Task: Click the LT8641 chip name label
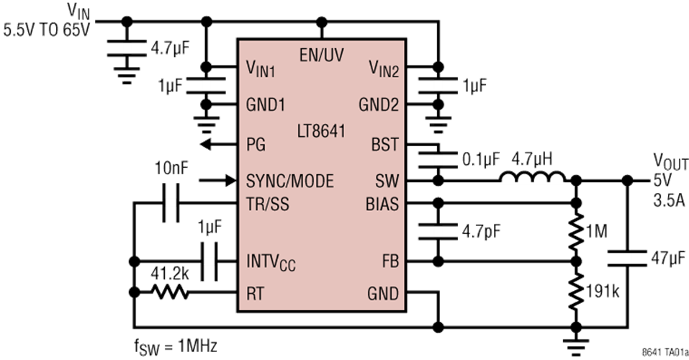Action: point(320,132)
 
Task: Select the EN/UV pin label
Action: point(322,55)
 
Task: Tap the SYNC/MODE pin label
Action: point(289,181)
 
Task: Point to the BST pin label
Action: point(384,145)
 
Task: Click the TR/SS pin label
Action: point(268,204)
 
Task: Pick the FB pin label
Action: point(388,259)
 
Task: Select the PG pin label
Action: point(256,145)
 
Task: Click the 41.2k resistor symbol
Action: point(170,292)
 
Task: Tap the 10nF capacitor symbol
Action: point(170,204)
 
